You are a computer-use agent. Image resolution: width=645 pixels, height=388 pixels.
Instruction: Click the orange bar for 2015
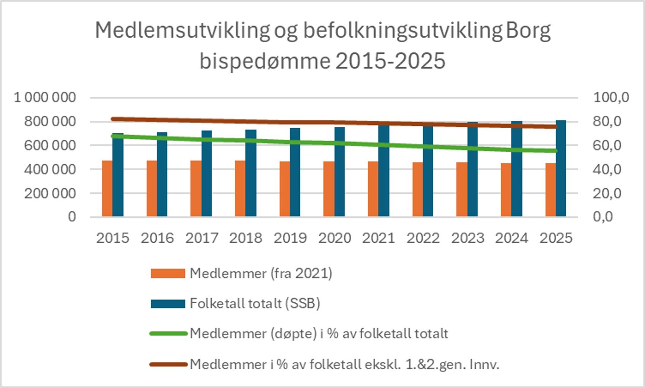(107, 189)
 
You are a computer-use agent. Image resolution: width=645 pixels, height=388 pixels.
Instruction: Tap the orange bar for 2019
(285, 189)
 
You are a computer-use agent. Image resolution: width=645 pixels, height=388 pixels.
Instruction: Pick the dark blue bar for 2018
(250, 173)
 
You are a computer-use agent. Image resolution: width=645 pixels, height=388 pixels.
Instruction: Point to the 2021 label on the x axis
(379, 238)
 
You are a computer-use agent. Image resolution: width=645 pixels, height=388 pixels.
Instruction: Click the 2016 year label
(157, 238)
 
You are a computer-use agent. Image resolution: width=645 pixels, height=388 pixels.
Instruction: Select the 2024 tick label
(511, 238)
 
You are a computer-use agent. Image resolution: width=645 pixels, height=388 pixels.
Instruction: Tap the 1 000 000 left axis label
(45, 98)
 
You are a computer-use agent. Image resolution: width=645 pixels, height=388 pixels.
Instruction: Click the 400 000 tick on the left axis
(50, 169)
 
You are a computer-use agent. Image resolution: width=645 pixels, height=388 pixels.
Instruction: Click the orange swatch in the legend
(168, 273)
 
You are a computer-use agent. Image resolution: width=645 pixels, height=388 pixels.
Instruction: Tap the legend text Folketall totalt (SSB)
(255, 304)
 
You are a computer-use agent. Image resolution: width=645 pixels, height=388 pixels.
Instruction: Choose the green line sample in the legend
(168, 334)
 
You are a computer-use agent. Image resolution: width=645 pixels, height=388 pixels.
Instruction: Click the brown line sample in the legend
(168, 364)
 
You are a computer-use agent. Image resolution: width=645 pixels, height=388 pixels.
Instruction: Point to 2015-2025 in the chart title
(390, 61)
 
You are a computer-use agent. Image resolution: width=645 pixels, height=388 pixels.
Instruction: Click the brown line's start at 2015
(113, 119)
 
